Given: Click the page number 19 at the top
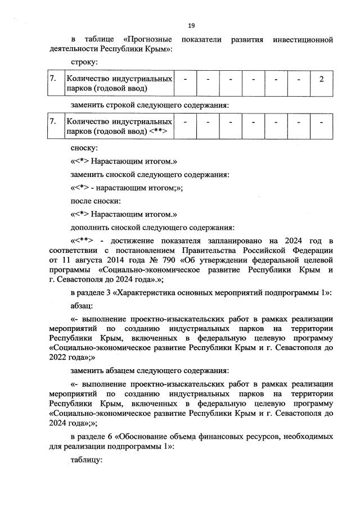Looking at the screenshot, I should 191,25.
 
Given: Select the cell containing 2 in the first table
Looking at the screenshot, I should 321,79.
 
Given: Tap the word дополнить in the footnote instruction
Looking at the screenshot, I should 88,228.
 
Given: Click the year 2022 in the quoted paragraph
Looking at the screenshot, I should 60,357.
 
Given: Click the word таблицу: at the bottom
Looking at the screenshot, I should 86,460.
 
